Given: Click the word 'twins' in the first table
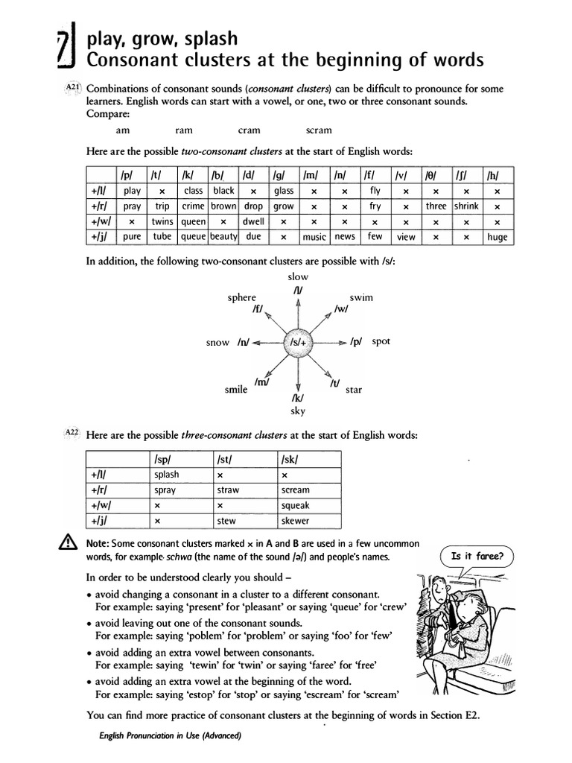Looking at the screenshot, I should [162, 221].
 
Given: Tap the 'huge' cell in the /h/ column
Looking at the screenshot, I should [497, 237].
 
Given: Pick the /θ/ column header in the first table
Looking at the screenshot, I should [431, 176].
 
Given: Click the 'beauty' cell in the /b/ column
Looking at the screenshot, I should [223, 237].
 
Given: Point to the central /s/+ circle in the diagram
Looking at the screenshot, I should [299, 343].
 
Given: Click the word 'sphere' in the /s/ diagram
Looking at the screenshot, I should [241, 297].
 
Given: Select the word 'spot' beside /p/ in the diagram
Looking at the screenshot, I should [381, 342].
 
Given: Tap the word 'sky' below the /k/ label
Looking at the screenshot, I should [298, 411].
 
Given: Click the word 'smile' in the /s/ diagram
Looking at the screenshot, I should [236, 390].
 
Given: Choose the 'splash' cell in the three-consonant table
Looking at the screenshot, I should [166, 475].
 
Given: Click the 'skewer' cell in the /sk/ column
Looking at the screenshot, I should [296, 521].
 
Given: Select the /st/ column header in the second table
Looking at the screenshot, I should [225, 460].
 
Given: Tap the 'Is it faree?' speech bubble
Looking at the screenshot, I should [477, 556].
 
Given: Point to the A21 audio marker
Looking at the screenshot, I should [73, 87].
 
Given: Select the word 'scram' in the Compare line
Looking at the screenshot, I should [319, 130].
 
